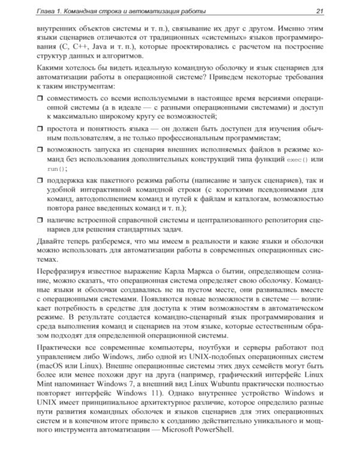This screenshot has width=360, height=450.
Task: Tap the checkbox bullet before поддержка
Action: click(40, 179)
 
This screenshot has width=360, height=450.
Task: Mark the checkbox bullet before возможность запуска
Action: click(40, 148)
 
